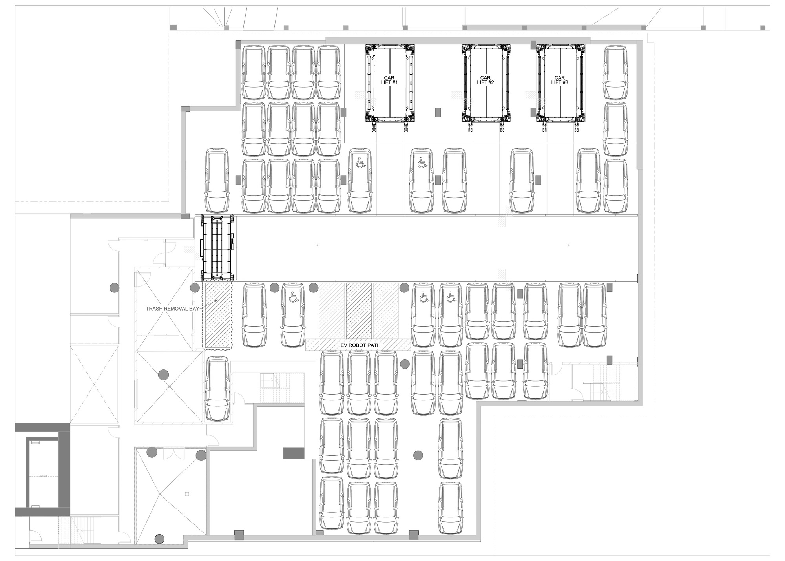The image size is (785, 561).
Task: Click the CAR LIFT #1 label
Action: pyautogui.click(x=390, y=80)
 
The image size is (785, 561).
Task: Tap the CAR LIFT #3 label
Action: pyautogui.click(x=559, y=80)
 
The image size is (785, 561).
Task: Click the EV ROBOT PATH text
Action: pyautogui.click(x=358, y=345)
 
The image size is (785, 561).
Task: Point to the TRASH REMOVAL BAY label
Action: pyautogui.click(x=173, y=309)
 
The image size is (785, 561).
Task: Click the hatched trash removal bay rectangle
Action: pyautogui.click(x=217, y=316)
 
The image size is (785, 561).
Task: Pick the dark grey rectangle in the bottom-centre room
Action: pyautogui.click(x=294, y=453)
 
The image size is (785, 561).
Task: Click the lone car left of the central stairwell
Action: pyautogui.click(x=217, y=389)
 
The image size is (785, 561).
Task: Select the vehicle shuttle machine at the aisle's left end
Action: pyautogui.click(x=217, y=248)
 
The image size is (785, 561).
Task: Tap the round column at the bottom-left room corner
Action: pyautogui.click(x=159, y=539)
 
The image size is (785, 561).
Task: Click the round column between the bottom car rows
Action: pyautogui.click(x=418, y=455)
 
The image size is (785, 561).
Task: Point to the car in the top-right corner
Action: pyautogui.click(x=615, y=72)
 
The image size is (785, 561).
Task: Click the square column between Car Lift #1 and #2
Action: pyautogui.click(x=438, y=112)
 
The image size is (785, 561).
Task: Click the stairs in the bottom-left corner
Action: pyautogui.click(x=75, y=530)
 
